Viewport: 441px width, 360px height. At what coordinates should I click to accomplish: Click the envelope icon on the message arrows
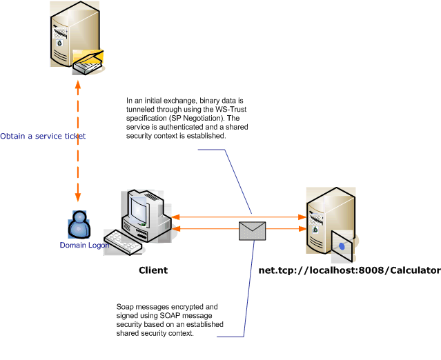click(252, 230)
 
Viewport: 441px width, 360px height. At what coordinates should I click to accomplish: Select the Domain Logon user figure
click(79, 223)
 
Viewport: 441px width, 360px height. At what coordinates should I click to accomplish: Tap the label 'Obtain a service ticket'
click(43, 136)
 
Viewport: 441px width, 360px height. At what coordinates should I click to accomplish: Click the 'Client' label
click(153, 270)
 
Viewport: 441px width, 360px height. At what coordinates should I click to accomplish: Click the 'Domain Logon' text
click(84, 245)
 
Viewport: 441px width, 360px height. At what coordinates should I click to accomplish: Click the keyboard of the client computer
click(124, 241)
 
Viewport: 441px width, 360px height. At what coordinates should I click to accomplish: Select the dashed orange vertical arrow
click(78, 138)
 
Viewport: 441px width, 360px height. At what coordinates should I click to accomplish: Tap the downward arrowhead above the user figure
click(78, 197)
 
